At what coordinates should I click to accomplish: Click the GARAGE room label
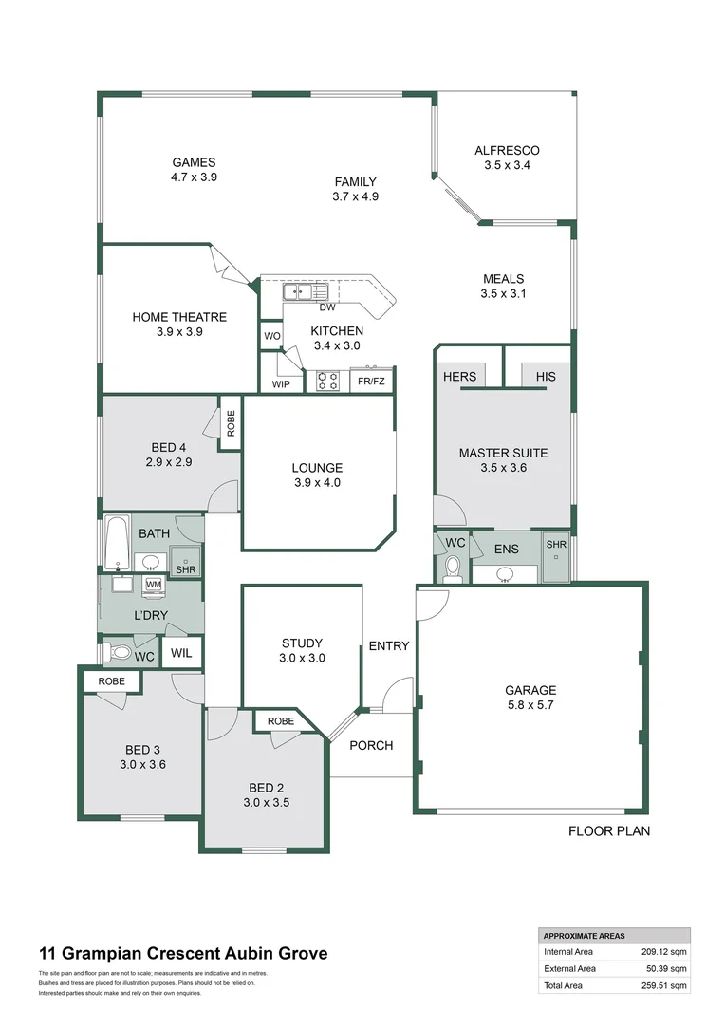pyautogui.click(x=530, y=690)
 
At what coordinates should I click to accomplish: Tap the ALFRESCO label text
pyautogui.click(x=507, y=151)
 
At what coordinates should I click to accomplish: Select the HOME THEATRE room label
pyautogui.click(x=179, y=317)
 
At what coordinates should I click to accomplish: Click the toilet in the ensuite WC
pyautogui.click(x=453, y=568)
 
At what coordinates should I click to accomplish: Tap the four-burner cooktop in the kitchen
pyautogui.click(x=328, y=381)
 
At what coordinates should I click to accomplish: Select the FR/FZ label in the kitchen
pyautogui.click(x=371, y=382)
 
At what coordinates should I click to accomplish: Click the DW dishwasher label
pyautogui.click(x=326, y=307)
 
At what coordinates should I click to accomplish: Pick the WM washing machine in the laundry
pyautogui.click(x=153, y=586)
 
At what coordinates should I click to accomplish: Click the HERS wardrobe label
pyautogui.click(x=460, y=377)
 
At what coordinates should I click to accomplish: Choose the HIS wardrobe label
pyautogui.click(x=545, y=377)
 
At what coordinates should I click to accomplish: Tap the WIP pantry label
pyautogui.click(x=281, y=384)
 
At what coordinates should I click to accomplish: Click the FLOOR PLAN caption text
pyautogui.click(x=608, y=831)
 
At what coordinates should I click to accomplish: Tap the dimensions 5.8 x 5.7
pyautogui.click(x=530, y=705)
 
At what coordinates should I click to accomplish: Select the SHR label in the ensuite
pyautogui.click(x=554, y=545)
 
